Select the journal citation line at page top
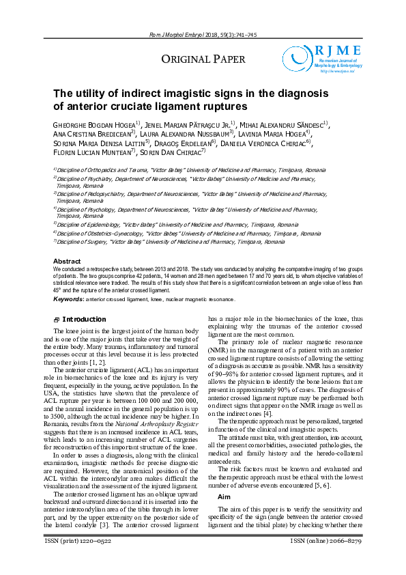[x=203, y=34]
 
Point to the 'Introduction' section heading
[x=84, y=320]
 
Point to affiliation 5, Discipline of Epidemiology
[x=177, y=224]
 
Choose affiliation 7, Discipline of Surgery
[x=169, y=242]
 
